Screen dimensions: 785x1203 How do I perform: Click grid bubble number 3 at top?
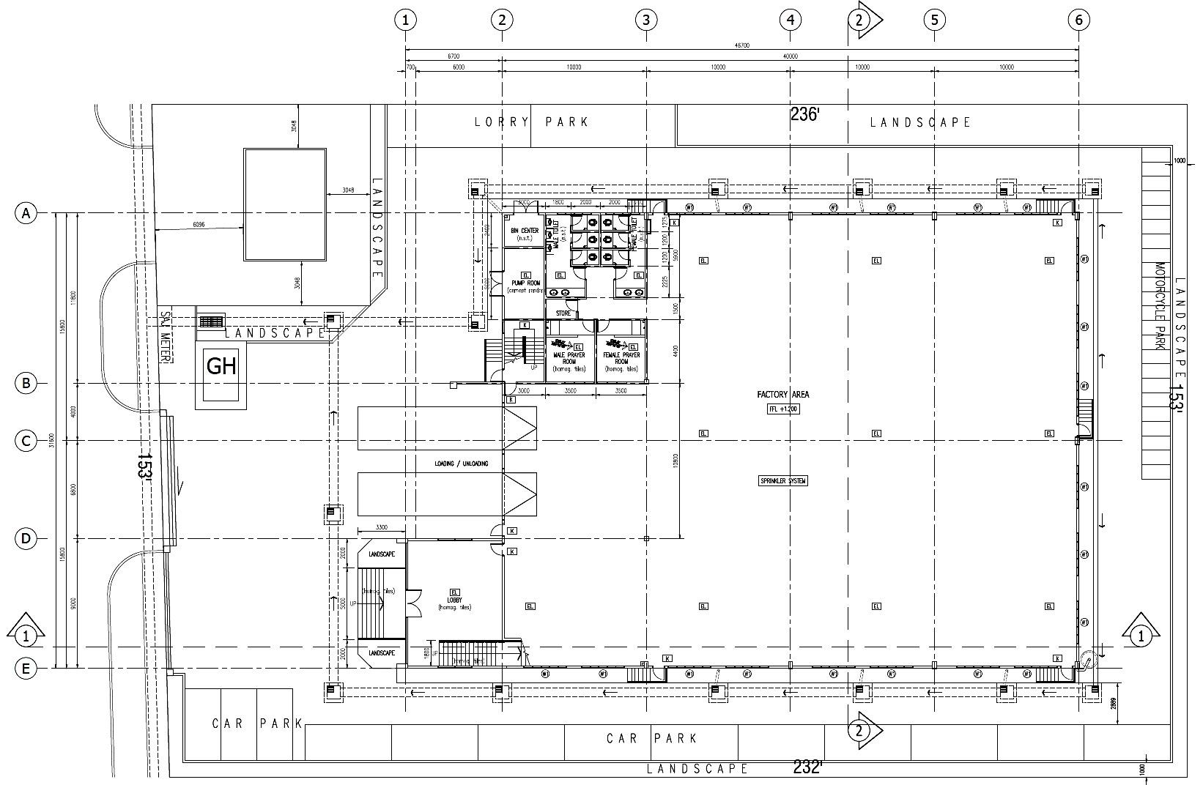(645, 20)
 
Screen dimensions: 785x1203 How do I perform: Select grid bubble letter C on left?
(26, 441)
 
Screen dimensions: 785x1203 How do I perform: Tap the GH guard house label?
(221, 365)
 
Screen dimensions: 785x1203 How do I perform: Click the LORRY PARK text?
(531, 122)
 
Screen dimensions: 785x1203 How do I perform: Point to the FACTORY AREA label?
(783, 395)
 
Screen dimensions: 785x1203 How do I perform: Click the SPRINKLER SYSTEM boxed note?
(783, 481)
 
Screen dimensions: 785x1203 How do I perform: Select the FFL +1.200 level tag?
(783, 409)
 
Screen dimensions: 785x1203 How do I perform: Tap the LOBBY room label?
(454, 600)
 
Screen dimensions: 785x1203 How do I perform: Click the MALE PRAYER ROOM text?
(569, 358)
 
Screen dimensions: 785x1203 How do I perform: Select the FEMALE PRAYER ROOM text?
(621, 358)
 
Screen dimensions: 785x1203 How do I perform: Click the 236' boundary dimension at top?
(804, 114)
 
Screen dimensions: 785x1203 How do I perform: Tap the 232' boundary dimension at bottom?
(807, 767)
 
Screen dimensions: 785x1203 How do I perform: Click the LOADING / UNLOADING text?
(461, 464)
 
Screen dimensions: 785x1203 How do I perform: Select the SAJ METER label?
(166, 337)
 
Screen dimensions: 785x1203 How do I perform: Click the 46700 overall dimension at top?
(741, 45)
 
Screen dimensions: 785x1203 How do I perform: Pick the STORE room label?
(563, 313)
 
